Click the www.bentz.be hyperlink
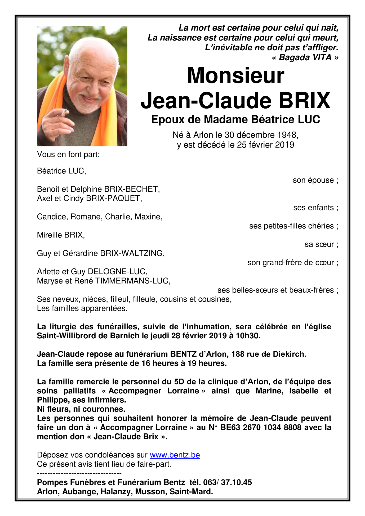pos(175,455)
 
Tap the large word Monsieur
pos(235,75)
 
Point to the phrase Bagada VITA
pos(305,57)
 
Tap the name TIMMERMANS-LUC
pos(132,281)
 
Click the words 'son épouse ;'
pos(315,180)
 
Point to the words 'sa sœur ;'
pos(321,244)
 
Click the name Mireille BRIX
pos(61,235)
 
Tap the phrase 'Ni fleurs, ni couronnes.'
pos(81,409)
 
